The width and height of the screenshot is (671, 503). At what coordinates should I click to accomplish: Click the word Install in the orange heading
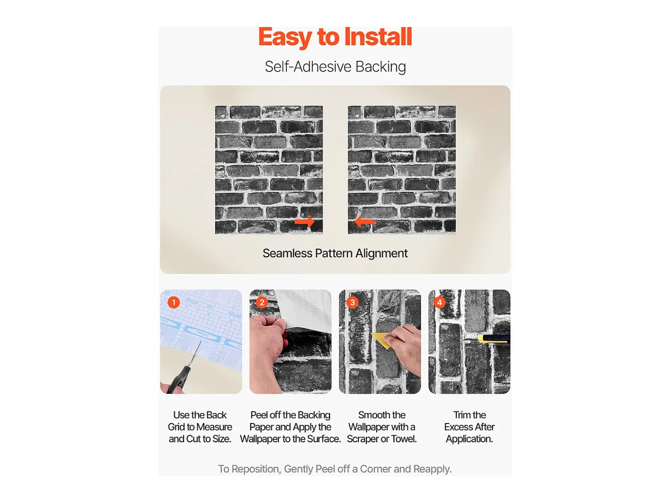click(378, 37)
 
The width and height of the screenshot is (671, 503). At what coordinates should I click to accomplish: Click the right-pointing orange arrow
click(304, 222)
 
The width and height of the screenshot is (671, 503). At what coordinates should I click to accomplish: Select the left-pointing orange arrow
click(364, 222)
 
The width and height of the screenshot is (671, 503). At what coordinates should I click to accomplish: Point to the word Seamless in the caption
click(288, 253)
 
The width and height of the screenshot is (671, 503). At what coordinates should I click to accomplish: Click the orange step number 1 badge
click(174, 302)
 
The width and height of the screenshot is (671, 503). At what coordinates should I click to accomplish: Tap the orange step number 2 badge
click(262, 302)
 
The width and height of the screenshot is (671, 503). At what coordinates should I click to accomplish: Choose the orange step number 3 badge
click(352, 302)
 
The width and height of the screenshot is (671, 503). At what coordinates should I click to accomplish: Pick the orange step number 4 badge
click(440, 302)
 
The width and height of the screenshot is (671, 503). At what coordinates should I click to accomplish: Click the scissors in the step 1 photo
click(183, 375)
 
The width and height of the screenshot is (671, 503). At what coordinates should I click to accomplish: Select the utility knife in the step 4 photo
click(488, 339)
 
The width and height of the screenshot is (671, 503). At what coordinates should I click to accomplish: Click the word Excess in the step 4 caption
click(458, 427)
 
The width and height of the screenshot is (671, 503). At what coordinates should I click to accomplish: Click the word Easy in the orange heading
click(285, 38)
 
